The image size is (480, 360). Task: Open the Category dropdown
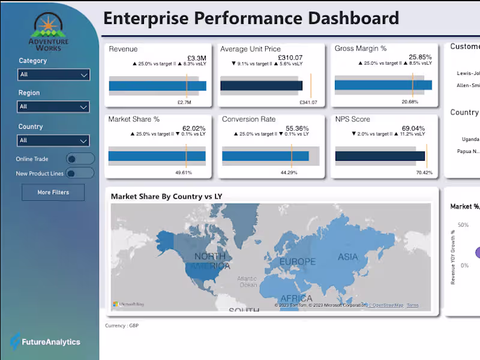53,74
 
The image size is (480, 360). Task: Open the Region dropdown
53,107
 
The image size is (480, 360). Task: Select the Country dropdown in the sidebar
53,140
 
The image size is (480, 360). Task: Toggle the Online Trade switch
80,159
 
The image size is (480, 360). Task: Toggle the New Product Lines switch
80,173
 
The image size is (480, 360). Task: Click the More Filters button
53,193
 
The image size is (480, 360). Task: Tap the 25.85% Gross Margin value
420,57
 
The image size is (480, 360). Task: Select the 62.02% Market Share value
194,128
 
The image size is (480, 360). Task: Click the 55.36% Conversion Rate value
297,128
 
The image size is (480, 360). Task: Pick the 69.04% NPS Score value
413,128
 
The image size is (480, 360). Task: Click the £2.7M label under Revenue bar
184,103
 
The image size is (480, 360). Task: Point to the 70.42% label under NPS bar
424,173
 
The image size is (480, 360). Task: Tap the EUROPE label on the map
297,262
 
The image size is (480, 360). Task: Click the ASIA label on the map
348,257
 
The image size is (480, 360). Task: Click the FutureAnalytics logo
45,342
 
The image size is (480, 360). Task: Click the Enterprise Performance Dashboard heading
251,18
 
